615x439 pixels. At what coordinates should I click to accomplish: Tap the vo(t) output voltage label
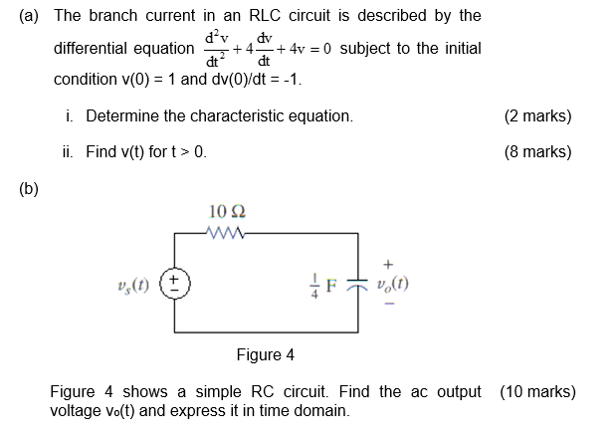(394, 283)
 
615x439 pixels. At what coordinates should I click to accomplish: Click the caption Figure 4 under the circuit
(265, 354)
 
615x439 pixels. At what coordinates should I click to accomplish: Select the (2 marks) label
(537, 116)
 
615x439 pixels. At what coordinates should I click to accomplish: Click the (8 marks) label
(537, 152)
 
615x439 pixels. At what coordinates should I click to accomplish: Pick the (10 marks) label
(537, 391)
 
